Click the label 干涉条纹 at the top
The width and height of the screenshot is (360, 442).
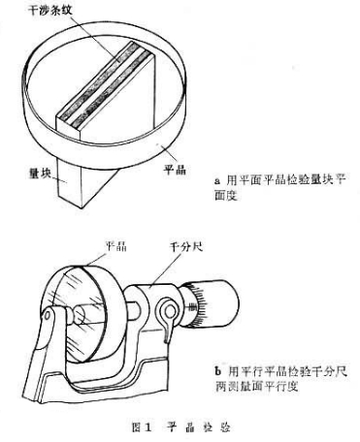click(49, 11)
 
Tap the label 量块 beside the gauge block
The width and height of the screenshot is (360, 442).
click(40, 174)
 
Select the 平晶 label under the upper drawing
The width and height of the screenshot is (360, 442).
click(175, 170)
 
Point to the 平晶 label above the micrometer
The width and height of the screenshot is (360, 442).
click(116, 246)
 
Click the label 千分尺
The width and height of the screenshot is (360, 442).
click(186, 247)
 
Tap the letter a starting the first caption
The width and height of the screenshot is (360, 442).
click(217, 180)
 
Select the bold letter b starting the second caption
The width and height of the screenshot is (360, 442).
click(218, 371)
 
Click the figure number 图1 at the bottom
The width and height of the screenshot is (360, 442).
click(142, 427)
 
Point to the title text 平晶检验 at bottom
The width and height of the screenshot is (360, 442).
click(198, 427)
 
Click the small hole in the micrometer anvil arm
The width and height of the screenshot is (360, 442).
click(47, 315)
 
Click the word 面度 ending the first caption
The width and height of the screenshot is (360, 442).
click(226, 195)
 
